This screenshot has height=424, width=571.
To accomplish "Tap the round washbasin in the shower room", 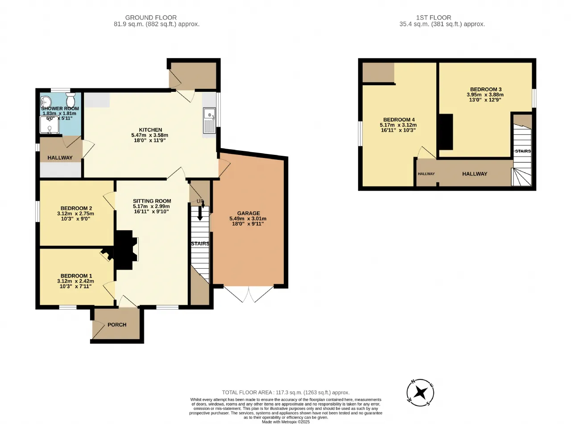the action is tap(46, 102).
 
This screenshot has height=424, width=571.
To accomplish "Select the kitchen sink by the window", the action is tap(210, 121).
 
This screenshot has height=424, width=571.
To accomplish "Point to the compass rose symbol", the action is tap(420, 393).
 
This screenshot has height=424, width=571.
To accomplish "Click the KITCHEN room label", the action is tap(150, 130).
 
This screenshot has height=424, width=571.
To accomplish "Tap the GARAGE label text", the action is tap(248, 213).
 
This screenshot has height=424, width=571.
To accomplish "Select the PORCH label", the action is tap(117, 324).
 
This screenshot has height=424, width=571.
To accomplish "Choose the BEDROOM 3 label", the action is tap(485, 89).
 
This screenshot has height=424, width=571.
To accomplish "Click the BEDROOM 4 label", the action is tap(399, 120).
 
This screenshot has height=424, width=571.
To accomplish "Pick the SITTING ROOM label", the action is tap(152, 201).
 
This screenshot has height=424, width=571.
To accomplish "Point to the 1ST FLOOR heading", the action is tap(434, 17).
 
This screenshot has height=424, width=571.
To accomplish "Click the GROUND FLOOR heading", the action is tap(151, 17).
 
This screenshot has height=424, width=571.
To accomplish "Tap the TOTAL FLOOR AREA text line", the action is tap(286, 392).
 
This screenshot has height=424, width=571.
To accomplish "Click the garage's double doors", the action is tap(248, 294).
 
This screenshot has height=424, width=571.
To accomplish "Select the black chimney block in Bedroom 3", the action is tap(446, 132).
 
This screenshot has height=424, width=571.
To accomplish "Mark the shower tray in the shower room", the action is tap(50, 125).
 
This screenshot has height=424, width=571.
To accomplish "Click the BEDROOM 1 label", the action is tap(76, 276).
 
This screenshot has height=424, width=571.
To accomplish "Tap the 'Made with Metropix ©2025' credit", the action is tap(286, 422).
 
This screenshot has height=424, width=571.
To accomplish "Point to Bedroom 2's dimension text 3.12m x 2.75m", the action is tap(75, 213).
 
